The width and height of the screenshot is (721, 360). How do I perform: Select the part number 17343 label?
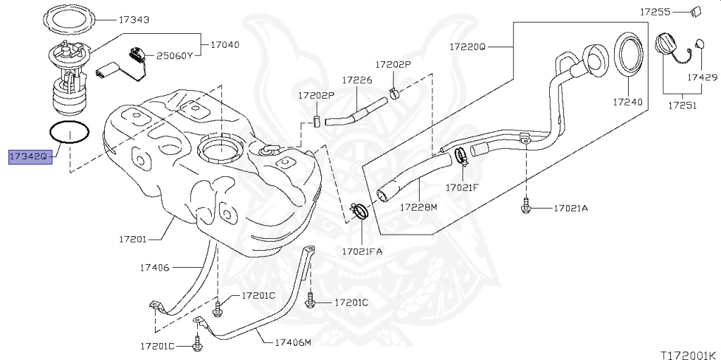(x=134, y=20)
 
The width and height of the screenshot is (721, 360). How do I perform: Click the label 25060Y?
(x=173, y=56)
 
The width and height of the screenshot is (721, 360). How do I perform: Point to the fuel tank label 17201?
(x=132, y=240)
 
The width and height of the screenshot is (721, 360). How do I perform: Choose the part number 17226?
(x=357, y=80)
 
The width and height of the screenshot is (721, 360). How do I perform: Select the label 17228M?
(x=418, y=207)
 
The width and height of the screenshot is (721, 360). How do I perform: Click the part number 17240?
(x=627, y=101)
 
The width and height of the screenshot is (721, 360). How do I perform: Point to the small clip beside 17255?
(x=696, y=12)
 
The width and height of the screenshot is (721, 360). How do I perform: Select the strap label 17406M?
(x=294, y=342)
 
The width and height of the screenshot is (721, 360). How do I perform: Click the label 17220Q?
(x=468, y=46)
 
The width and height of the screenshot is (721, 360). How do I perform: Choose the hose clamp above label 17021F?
(x=462, y=156)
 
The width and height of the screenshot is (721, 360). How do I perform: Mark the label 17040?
(x=225, y=45)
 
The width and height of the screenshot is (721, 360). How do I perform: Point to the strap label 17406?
(x=155, y=267)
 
